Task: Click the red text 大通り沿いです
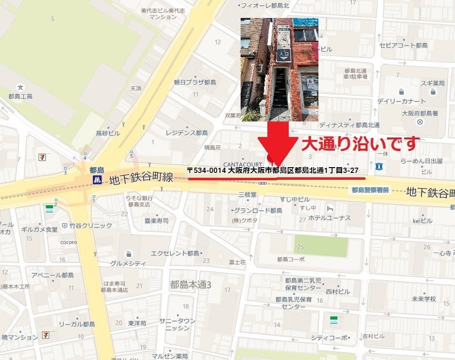pos(360,144)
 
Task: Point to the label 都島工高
pos(20,96)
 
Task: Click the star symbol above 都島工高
pos(20,87)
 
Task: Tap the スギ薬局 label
pos(432,84)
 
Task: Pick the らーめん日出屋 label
pos(421,161)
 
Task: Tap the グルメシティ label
pos(128,263)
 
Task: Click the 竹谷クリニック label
pos(90,225)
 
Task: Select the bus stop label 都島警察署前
pos(370,189)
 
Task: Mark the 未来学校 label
pos(424,299)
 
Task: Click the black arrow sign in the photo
pos(283,55)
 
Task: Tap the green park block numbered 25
pos(321,245)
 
